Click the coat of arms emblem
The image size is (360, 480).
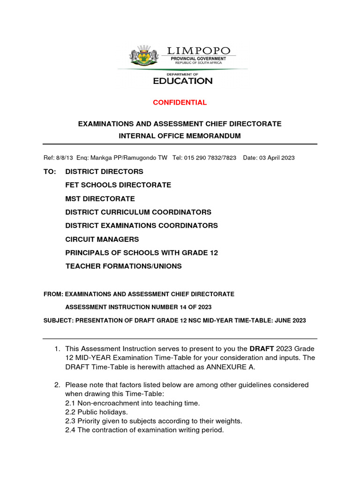tap(143, 56)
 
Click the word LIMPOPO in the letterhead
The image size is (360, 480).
tap(199, 51)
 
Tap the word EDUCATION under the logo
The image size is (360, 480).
tap(183, 81)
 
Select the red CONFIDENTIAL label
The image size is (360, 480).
tap(180, 102)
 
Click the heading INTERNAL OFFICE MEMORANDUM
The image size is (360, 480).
tap(180, 136)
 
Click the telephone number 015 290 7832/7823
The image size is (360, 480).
tap(211, 158)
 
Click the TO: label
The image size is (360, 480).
tap(50, 172)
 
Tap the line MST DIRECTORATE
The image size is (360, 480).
tap(100, 199)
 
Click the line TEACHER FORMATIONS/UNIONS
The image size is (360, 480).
tap(123, 266)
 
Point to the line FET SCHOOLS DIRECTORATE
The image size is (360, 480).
tap(118, 185)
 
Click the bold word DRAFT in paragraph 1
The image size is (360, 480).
tap(262, 349)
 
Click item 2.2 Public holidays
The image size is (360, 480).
tap(96, 412)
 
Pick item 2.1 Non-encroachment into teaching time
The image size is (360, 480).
tap(132, 403)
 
